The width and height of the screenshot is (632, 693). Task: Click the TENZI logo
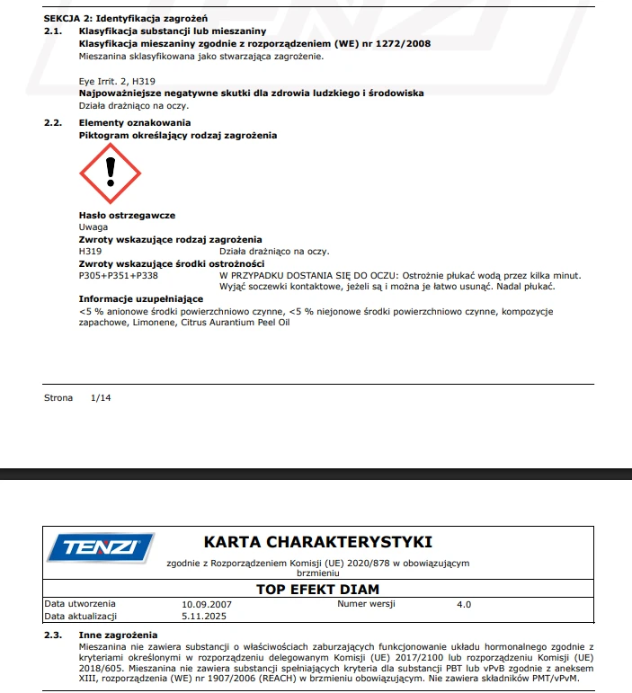(x=100, y=547)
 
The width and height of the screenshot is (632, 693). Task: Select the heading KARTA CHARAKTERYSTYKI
(x=318, y=542)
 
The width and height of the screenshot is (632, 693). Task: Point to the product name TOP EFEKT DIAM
(x=317, y=590)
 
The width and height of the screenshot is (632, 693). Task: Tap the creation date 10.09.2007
(x=207, y=604)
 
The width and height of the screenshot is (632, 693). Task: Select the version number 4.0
(x=463, y=604)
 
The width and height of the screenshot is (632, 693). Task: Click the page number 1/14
(x=101, y=396)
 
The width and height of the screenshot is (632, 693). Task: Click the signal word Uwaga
(x=93, y=227)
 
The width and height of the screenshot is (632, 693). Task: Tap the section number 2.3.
(x=53, y=635)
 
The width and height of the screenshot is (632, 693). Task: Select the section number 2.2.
(x=53, y=123)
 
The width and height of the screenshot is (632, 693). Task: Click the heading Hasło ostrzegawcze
(x=127, y=216)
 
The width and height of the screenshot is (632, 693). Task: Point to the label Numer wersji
(x=367, y=604)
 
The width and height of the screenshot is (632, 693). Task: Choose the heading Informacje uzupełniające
(x=141, y=298)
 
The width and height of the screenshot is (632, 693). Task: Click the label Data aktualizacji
(x=83, y=617)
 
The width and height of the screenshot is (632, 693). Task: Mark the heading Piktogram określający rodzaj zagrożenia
(x=178, y=135)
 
